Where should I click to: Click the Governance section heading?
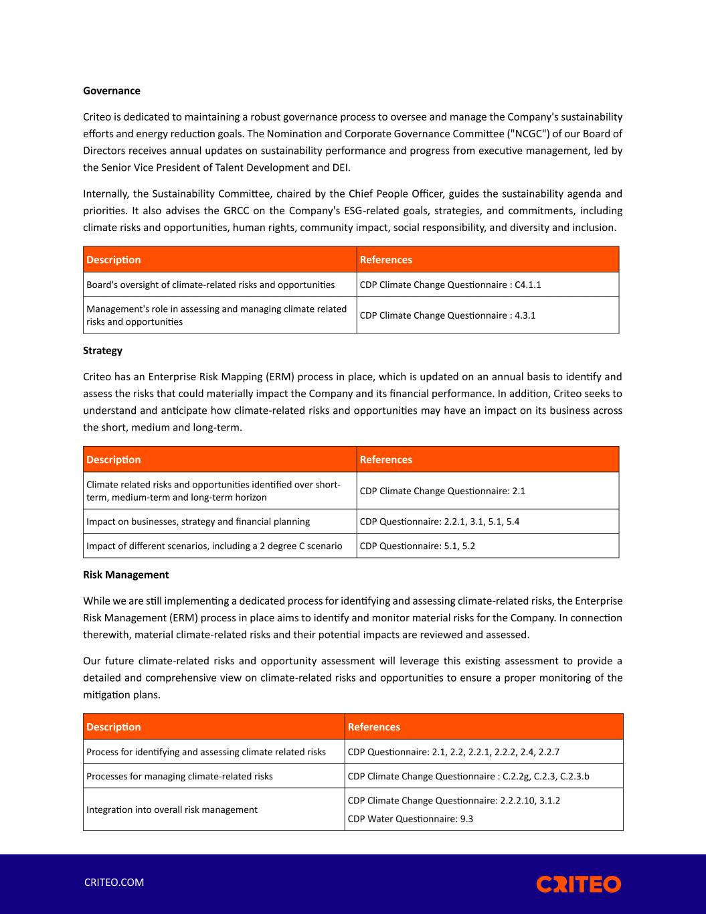click(x=112, y=90)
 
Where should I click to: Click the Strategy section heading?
click(x=102, y=350)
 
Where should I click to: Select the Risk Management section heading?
click(x=126, y=575)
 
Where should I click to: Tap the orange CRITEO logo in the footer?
click(x=578, y=884)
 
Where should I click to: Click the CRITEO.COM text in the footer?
click(x=114, y=882)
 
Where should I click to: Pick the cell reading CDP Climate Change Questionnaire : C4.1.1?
click(x=450, y=285)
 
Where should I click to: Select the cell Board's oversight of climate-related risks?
click(x=210, y=285)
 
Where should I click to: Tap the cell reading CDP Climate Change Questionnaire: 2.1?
click(x=442, y=491)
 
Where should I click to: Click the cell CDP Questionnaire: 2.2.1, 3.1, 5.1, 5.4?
click(x=439, y=522)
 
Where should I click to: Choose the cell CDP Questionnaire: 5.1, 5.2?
click(x=418, y=546)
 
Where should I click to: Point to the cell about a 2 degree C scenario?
click(x=214, y=546)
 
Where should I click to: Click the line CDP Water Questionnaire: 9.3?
click(x=410, y=818)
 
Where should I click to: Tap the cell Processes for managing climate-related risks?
click(x=179, y=776)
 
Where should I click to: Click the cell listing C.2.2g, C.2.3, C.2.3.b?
click(x=468, y=776)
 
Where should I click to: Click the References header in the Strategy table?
click(x=386, y=459)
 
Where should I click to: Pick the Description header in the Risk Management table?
click(x=114, y=727)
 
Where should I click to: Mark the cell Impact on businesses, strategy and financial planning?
click(x=198, y=522)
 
